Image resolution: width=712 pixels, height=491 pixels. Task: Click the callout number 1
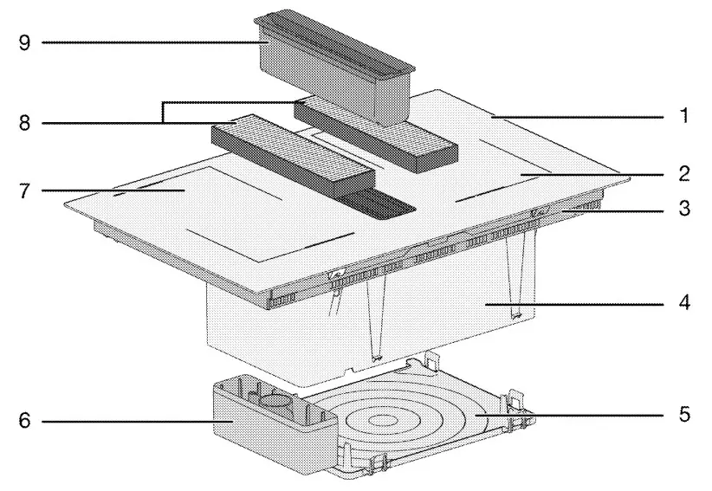[685, 116]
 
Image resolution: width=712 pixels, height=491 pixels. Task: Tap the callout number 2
[685, 174]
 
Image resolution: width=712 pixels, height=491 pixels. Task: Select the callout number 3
[685, 209]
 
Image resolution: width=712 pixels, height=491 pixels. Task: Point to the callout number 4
[685, 305]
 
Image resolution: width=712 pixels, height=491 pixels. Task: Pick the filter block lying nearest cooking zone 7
[290, 156]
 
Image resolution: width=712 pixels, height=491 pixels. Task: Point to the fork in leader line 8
[162, 124]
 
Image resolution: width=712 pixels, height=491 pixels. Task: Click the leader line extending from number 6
[130, 422]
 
